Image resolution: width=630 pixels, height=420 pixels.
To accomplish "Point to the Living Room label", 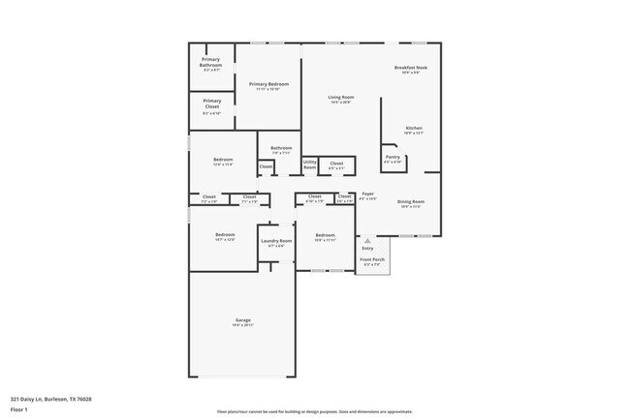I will click(340, 99).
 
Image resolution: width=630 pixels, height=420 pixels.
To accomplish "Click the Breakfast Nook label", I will click(411, 69).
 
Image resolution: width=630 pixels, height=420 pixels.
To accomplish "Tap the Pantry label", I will click(393, 158).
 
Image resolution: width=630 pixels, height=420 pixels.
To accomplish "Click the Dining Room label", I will click(411, 202).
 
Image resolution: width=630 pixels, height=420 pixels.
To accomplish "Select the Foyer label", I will click(368, 195).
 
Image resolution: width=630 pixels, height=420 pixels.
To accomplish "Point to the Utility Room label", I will click(310, 165).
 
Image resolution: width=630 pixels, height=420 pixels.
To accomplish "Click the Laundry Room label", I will click(276, 242).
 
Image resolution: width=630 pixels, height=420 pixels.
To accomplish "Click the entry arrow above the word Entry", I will click(366, 239).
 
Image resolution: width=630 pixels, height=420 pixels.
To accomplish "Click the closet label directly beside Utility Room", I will click(336, 165).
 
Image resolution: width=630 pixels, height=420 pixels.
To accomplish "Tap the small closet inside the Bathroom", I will click(266, 166).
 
